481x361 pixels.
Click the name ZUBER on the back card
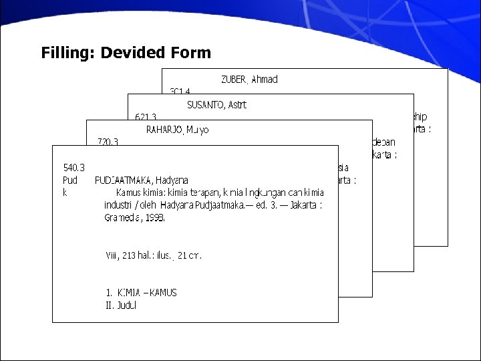coord(234,80)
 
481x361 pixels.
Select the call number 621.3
coord(145,116)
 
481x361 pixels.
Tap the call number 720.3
coord(108,142)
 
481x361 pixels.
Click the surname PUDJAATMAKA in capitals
coord(124,180)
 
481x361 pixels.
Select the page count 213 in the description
coord(130,255)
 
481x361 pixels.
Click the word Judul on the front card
coord(126,306)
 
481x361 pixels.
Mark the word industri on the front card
coord(119,205)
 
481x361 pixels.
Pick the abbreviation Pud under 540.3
coord(70,180)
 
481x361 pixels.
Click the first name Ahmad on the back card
coord(265,80)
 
